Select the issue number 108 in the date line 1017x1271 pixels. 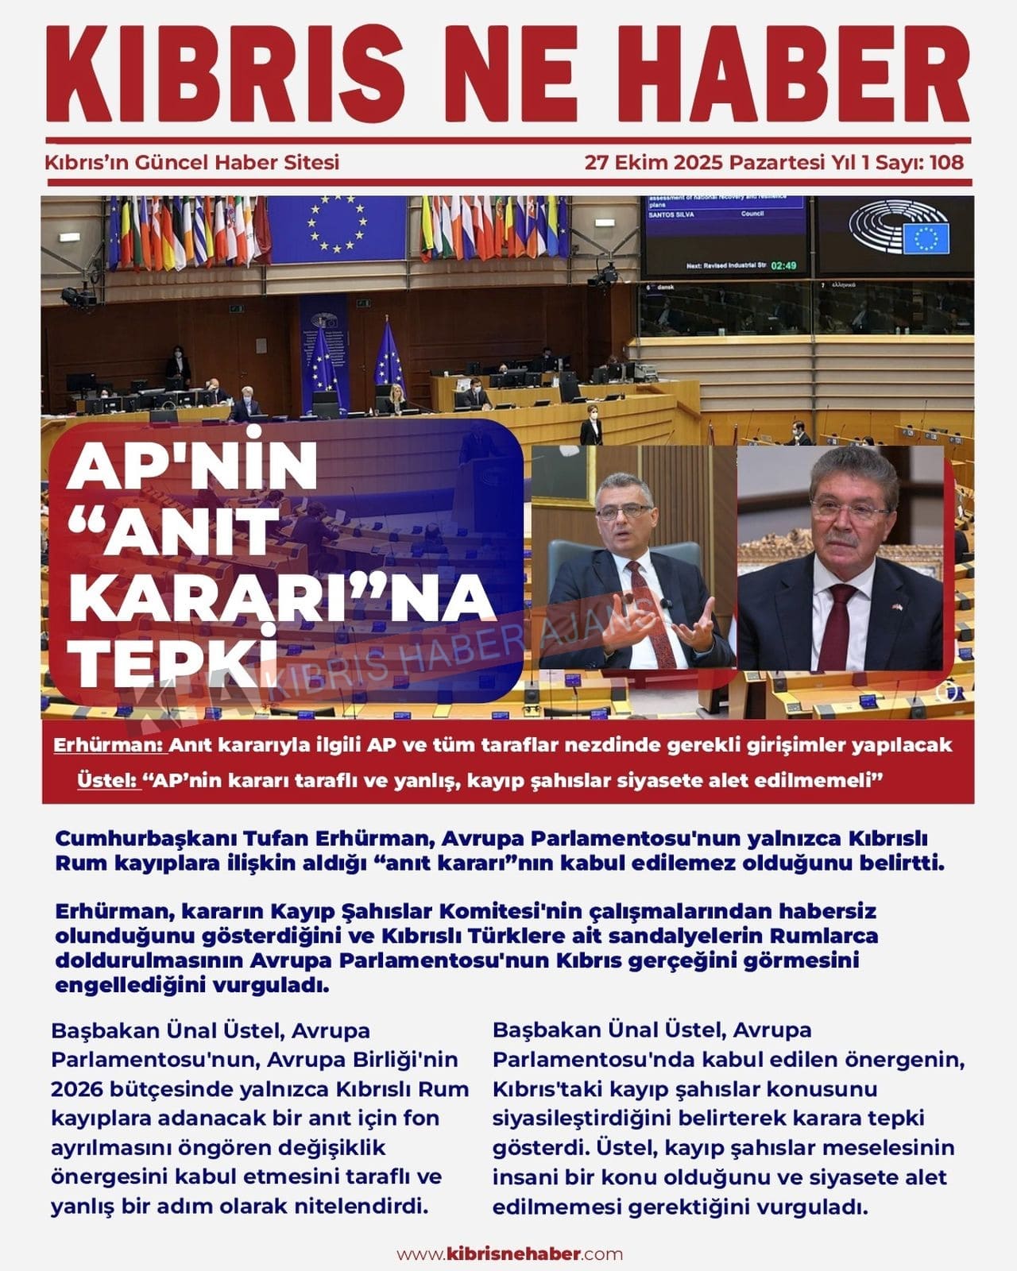tap(945, 163)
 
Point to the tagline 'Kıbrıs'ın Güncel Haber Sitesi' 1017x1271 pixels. tap(192, 163)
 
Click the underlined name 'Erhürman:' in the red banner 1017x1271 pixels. tap(108, 746)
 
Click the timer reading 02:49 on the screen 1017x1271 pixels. tap(783, 265)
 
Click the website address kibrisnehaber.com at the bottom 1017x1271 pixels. tap(509, 1254)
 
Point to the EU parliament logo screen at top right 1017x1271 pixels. tap(895, 235)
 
